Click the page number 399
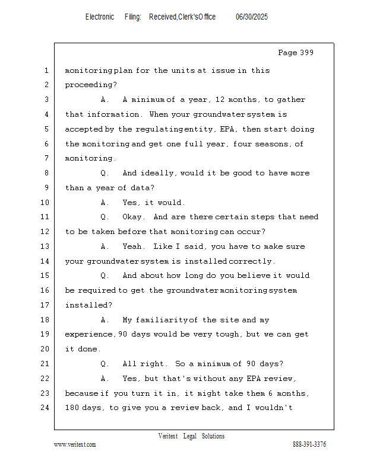[306, 53]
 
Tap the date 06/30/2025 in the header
[252, 17]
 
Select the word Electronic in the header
[100, 17]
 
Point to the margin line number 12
[45, 232]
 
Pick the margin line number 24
[45, 408]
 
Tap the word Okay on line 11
[132, 217]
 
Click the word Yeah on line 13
[132, 246]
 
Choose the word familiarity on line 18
[162, 320]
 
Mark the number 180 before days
[71, 408]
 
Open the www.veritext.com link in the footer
[75, 444]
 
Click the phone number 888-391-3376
[309, 444]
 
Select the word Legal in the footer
[189, 436]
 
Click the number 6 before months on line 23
[270, 393]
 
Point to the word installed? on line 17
[88, 305]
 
